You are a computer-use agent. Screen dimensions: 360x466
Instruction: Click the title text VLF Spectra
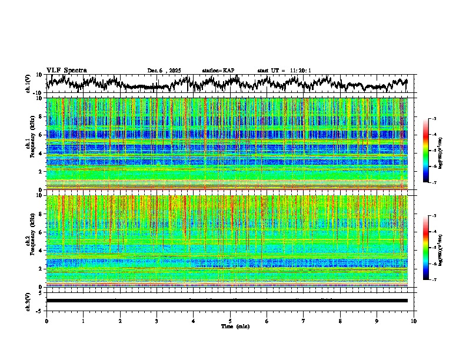pyautogui.click(x=66, y=71)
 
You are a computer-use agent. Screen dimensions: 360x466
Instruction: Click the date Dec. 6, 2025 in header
pyautogui.click(x=164, y=71)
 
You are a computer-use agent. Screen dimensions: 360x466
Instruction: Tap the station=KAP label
pyautogui.click(x=218, y=71)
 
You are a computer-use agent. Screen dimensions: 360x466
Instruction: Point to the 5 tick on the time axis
pyautogui.click(x=230, y=321)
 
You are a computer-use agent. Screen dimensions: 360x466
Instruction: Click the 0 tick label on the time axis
pyautogui.click(x=46, y=321)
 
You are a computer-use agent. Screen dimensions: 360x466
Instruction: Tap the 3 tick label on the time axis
pyautogui.click(x=157, y=321)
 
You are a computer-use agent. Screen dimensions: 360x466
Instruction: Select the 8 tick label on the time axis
pyautogui.click(x=340, y=321)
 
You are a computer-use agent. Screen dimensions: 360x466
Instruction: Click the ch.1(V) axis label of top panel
pyautogui.click(x=28, y=84)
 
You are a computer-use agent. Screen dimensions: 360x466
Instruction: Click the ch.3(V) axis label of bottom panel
pyautogui.click(x=28, y=301)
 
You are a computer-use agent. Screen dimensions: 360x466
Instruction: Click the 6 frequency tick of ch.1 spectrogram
pyautogui.click(x=42, y=135)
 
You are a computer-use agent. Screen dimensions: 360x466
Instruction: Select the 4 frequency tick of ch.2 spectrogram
pyautogui.click(x=42, y=251)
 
